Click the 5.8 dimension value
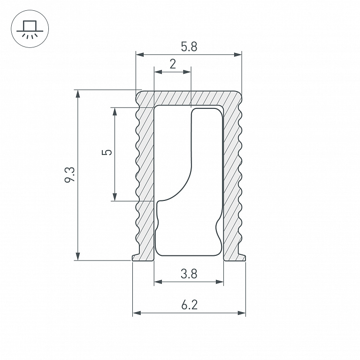coord(189,46)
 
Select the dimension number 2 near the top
coord(173,64)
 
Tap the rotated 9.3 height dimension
coord(69,175)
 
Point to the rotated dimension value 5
coord(107,152)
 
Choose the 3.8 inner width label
coord(189,274)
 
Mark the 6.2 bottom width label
coord(189,305)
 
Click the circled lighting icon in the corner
coord(30,29)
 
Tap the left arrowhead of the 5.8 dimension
coord(140,54)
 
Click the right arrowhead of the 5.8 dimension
coord(237,54)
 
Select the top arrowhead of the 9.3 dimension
coord(78,94)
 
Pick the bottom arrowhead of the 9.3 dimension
coord(78,256)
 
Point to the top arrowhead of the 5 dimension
coord(115,112)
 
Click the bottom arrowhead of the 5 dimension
coord(115,197)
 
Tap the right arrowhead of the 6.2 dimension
coord(241,313)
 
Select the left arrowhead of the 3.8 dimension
coord(158,282)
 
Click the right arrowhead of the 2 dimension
coord(187,72)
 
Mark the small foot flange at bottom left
coord(136,258)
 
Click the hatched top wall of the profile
coord(189,98)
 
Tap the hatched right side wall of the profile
coord(232,179)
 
